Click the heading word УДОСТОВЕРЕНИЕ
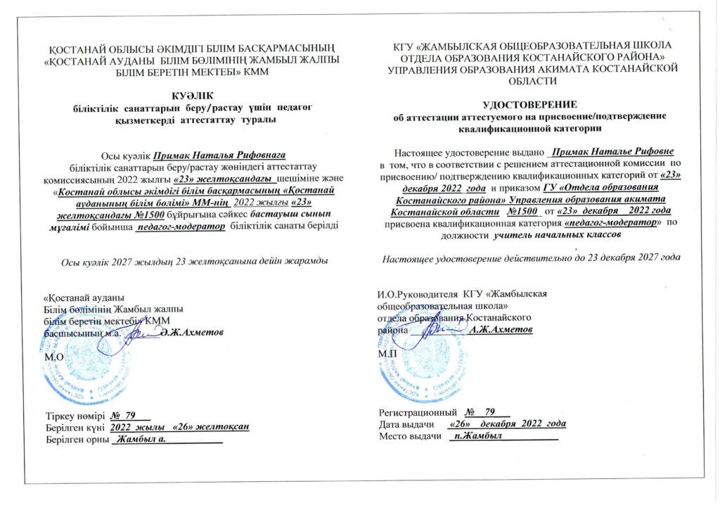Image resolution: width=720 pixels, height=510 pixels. pos(527,103)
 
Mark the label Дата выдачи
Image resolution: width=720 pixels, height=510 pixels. pos(406,424)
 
